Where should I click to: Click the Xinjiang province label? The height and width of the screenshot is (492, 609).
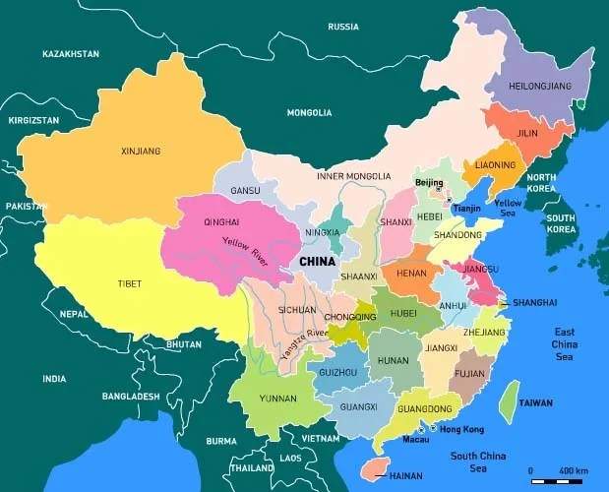pos(140,152)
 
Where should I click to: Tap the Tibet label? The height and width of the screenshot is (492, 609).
pos(129,283)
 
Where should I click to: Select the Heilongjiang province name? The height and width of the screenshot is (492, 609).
pos(540,87)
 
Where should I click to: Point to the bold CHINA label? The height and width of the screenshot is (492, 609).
pos(317,262)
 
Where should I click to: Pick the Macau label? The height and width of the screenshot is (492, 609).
pos(415,439)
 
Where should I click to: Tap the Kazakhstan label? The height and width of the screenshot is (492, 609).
pos(71,53)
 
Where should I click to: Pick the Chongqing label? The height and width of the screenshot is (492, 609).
pos(349,317)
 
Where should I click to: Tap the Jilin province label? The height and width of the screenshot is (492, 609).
pos(527,133)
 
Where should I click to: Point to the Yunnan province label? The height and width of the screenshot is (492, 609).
pos(278,399)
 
